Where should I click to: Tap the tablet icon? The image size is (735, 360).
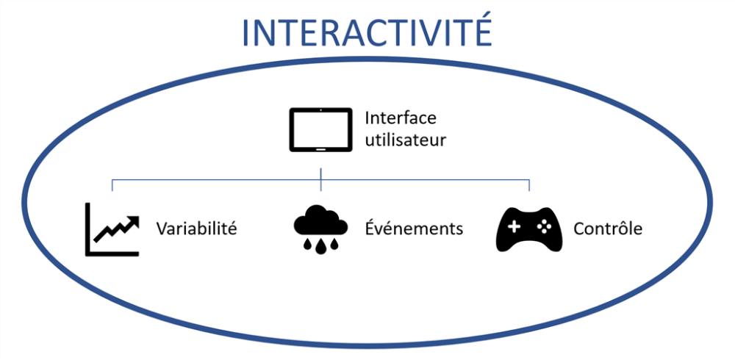[x=320, y=130]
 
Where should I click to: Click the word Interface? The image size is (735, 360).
[x=400, y=118]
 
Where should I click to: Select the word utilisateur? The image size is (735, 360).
[x=405, y=140]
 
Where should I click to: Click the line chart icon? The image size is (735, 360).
[x=112, y=229]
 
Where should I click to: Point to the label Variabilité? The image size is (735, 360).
[x=196, y=228]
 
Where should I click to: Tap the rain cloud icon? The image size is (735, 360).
[x=320, y=228]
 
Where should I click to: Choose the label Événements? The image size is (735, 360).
[x=415, y=228]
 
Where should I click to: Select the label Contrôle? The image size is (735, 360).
[x=608, y=228]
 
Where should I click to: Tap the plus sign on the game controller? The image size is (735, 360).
[x=514, y=227]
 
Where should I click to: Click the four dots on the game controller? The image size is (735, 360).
[x=545, y=227]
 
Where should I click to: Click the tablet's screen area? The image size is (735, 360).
[x=320, y=129]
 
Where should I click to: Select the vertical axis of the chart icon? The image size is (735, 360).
[x=87, y=229]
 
